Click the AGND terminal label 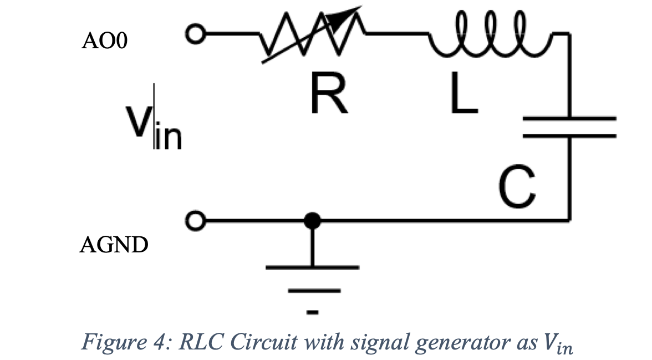[114, 245]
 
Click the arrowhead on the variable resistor [350, 13]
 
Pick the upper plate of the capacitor [569, 118]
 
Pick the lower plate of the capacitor [569, 134]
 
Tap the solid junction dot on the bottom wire [313, 221]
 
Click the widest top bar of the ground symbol [313, 267]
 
